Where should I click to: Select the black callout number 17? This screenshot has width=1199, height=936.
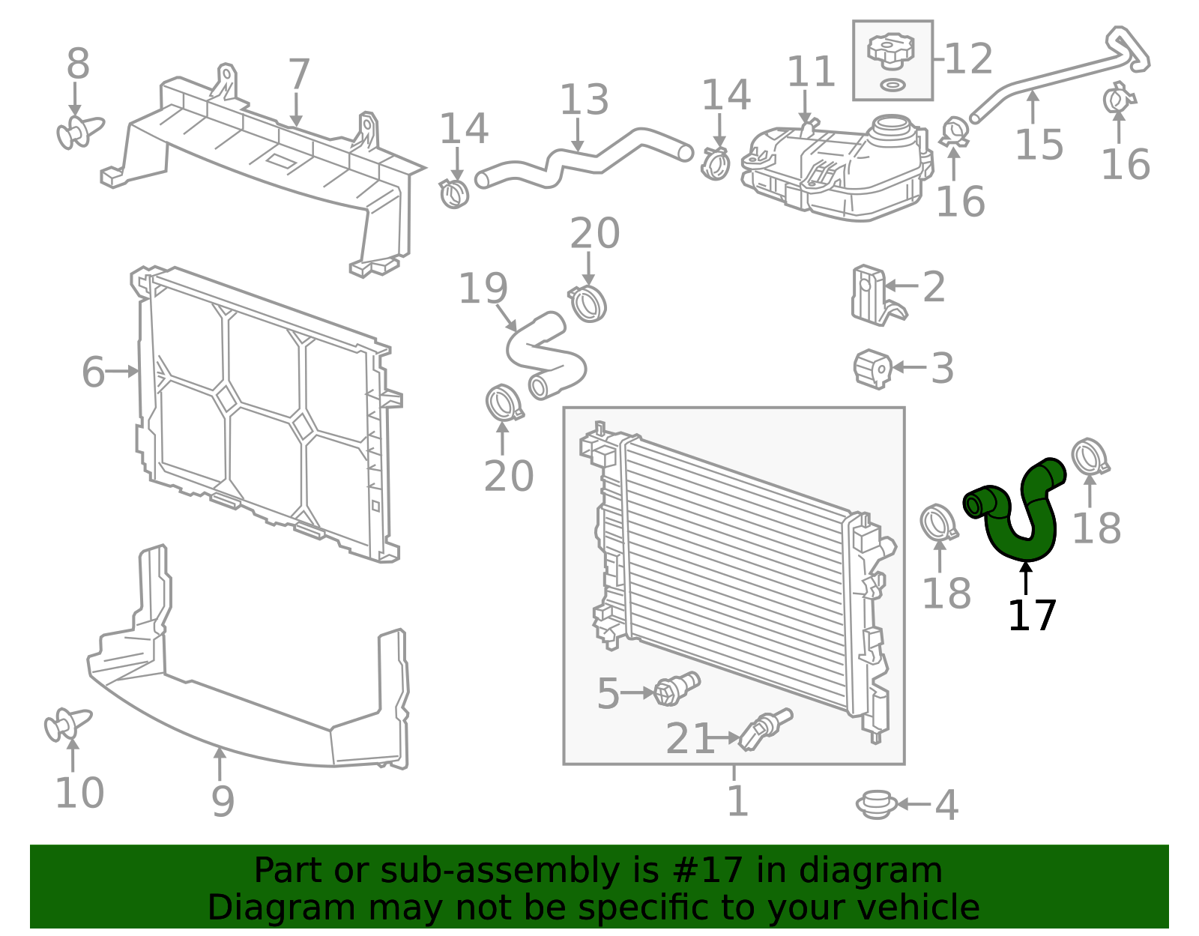[1032, 616]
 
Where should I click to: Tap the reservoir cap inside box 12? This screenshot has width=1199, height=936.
[890, 51]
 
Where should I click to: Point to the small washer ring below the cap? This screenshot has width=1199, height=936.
[891, 84]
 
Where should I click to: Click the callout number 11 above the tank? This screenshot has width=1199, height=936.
[810, 73]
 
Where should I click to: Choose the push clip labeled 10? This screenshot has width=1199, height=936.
[66, 725]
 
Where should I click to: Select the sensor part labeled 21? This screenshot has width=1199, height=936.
[764, 729]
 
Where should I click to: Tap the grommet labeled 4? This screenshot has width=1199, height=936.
[876, 804]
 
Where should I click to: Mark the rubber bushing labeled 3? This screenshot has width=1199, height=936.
[873, 368]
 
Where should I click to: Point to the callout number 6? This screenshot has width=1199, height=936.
[93, 372]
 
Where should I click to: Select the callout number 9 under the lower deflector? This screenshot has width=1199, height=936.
[223, 801]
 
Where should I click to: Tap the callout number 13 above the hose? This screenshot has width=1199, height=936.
[585, 100]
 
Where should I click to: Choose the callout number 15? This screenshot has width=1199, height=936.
[1039, 144]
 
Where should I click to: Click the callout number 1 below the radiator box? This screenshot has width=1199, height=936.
[737, 801]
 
